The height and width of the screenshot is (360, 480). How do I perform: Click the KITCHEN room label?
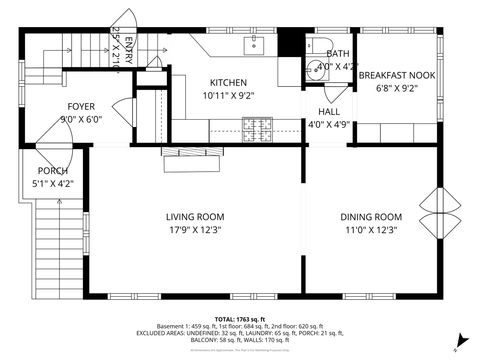coord(228,82)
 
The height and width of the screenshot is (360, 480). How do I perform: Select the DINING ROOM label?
coord(370,216)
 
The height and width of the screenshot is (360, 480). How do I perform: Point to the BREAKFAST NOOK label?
coord(397,74)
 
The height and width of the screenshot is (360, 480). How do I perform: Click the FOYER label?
coord(81,106)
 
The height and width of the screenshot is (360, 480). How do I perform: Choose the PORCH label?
coord(53,171)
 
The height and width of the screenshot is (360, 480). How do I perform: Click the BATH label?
coord(337,54)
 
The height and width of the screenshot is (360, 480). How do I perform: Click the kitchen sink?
coord(254,44)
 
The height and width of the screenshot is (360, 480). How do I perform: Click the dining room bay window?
coord(441,214)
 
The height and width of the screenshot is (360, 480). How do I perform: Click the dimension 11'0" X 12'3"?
coord(370,229)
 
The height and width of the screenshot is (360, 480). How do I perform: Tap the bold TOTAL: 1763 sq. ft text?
coord(240,318)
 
